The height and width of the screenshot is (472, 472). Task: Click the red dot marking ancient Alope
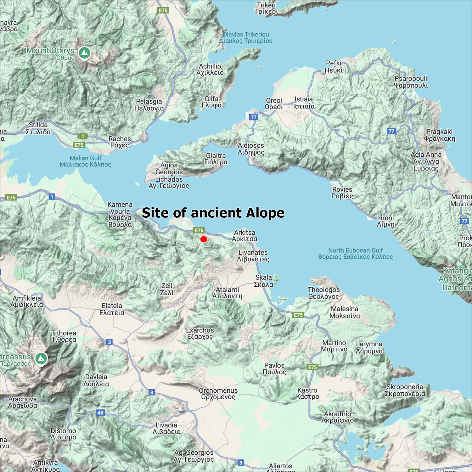204,239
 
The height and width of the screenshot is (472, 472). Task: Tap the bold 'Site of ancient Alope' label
213,213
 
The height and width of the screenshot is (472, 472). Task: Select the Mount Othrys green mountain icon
84,53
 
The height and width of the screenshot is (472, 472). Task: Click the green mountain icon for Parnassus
41,358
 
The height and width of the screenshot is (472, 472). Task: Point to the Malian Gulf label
85,161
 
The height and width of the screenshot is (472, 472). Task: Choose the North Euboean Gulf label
355,254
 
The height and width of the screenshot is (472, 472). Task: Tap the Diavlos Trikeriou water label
246,37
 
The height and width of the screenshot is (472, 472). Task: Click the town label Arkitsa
244,236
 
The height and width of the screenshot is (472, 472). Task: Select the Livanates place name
253,256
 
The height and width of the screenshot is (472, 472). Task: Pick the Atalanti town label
227,293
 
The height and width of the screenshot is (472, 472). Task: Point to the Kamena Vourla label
120,214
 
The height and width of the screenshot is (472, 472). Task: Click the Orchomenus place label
218,394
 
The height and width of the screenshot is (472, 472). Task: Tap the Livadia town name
166,428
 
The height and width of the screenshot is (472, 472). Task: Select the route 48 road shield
100,413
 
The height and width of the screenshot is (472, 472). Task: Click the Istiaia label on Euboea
304,103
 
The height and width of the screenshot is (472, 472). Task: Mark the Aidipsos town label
251,149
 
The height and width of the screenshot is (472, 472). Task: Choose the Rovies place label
342,193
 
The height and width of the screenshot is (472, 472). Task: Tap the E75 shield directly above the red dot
199,230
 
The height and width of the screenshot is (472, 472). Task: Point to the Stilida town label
38,128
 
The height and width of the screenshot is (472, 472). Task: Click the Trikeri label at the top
266,8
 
